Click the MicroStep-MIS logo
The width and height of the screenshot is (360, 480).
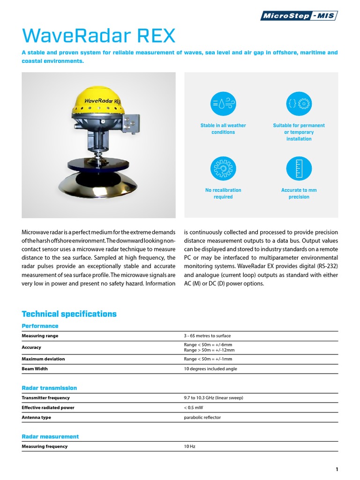[x=299, y=16]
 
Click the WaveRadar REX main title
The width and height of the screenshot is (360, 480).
[x=98, y=36]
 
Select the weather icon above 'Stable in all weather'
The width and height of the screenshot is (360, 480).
[x=223, y=104]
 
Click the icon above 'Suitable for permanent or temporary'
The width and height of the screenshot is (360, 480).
[x=299, y=104]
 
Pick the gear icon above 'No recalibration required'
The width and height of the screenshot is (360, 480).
[x=223, y=168]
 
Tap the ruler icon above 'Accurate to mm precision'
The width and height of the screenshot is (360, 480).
[x=299, y=168]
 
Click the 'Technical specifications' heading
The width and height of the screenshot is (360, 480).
[x=69, y=314]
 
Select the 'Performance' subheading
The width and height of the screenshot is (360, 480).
[x=40, y=326]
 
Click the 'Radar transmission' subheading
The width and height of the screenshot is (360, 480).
[x=49, y=388]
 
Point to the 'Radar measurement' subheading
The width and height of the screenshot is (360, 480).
[x=50, y=436]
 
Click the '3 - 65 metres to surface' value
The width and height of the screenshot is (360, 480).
[x=207, y=336]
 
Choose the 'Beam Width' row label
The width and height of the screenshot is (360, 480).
[x=34, y=369]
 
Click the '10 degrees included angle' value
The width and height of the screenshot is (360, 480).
[x=210, y=369]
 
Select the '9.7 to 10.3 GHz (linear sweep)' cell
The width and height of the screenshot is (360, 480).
[x=213, y=398]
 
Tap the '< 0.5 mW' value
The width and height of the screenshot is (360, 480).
[x=194, y=408]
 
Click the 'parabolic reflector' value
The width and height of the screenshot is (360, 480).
[x=202, y=418]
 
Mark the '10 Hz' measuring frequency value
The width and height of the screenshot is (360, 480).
[x=189, y=447]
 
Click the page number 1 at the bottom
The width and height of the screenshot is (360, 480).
[x=337, y=469]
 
